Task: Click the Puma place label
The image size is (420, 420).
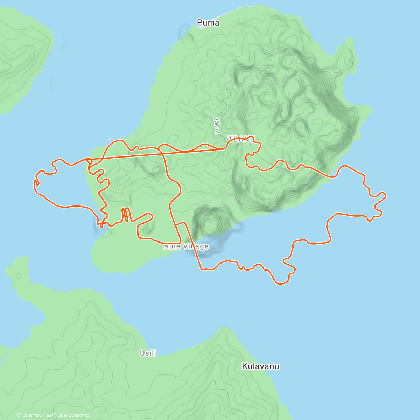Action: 208,23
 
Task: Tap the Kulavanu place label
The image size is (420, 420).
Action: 260,366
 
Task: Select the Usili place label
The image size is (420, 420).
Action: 148,353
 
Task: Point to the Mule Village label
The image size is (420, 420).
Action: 185,246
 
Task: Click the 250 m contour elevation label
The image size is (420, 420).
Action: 217,125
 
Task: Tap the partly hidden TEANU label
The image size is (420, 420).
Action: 241,139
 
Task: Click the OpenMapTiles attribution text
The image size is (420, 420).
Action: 34,415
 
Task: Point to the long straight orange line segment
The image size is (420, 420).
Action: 157,154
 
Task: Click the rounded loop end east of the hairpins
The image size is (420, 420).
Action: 150,215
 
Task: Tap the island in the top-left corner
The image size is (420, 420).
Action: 21,56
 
